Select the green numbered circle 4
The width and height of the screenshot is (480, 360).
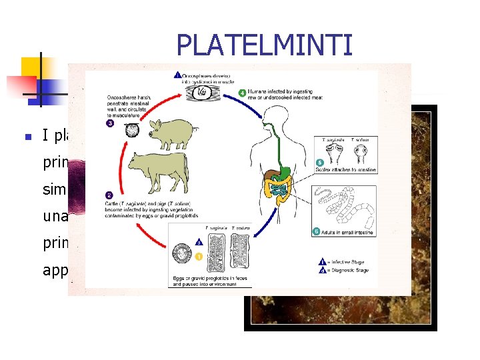(x=242, y=92)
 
